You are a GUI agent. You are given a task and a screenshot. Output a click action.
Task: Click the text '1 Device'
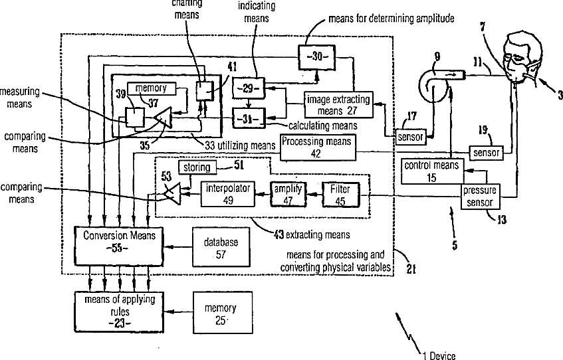coord(439,355)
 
